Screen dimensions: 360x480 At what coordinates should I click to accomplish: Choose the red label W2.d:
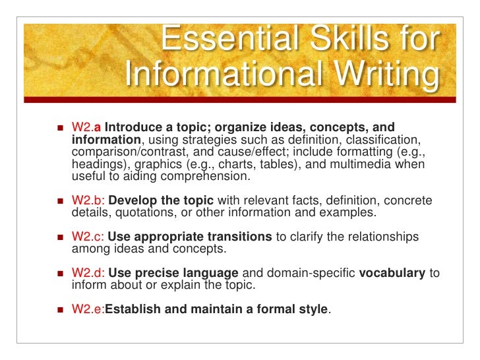[x=88, y=272]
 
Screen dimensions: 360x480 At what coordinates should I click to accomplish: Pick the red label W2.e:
[x=87, y=309]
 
